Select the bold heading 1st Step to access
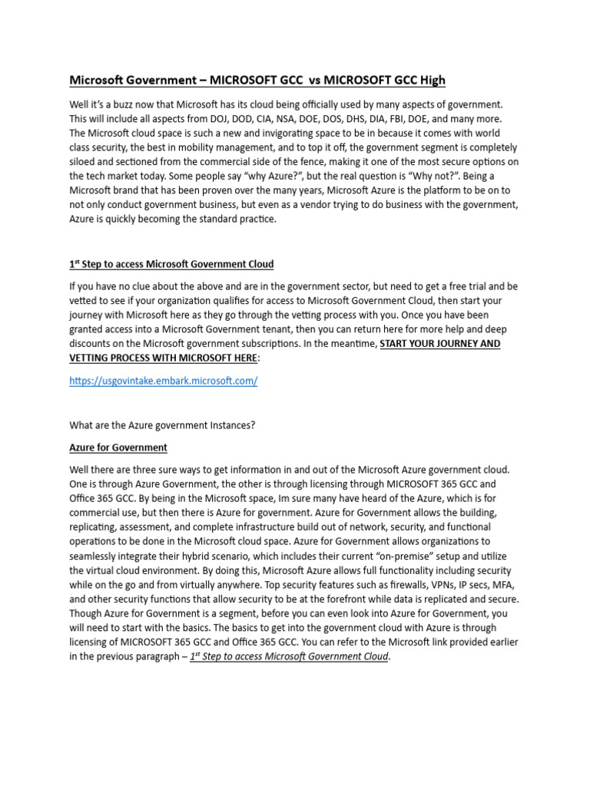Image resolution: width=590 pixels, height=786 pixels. pos(171,264)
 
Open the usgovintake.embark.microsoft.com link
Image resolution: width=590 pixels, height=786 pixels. pos(164,381)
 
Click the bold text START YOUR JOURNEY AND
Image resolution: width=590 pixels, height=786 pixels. pos(440,343)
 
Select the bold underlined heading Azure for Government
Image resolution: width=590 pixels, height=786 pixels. pos(118,447)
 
